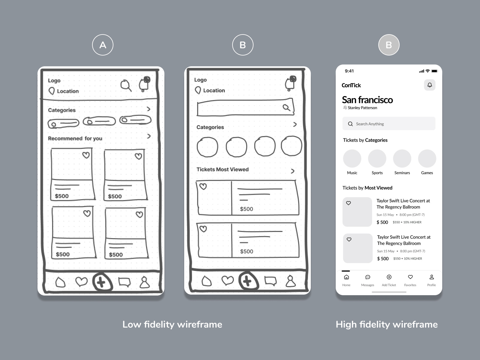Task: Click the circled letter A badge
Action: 103,45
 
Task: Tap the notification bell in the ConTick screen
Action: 430,85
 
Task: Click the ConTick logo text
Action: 351,85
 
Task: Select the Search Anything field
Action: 389,124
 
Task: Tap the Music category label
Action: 352,173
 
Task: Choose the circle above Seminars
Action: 402,158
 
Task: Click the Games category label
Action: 427,173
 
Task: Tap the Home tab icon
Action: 346,277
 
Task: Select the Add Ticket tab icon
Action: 389,277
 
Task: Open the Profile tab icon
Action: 431,277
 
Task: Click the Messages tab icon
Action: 367,277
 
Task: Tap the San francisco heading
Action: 367,100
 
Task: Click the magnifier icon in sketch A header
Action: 126,85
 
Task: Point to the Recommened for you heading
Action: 75,138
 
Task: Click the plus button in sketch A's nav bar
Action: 102,282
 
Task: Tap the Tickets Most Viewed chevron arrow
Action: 292,171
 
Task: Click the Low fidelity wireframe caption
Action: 172,324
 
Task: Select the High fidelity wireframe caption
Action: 386,324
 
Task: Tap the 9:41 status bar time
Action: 349,71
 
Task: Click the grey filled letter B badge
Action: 388,45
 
